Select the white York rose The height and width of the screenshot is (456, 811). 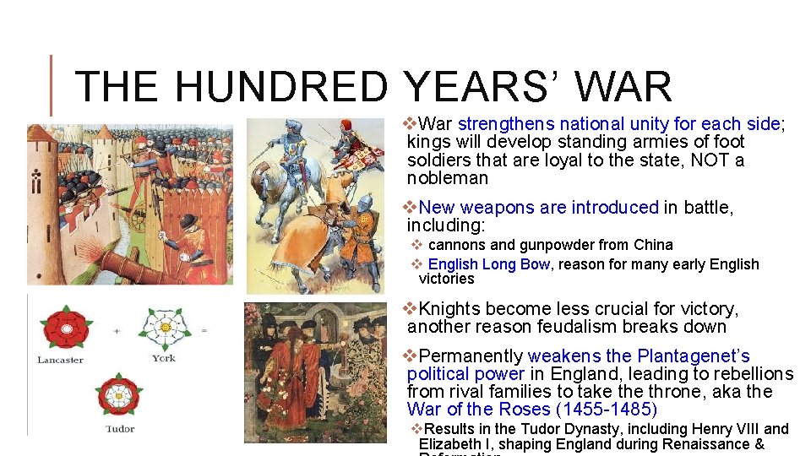pyautogui.click(x=164, y=327)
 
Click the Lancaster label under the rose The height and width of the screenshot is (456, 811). pyautogui.click(x=60, y=360)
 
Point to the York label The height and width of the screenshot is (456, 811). pyautogui.click(x=164, y=358)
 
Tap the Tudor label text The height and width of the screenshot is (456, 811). pyautogui.click(x=119, y=429)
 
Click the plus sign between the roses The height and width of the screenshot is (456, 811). pyautogui.click(x=117, y=329)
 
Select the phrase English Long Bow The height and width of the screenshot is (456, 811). pyautogui.click(x=489, y=264)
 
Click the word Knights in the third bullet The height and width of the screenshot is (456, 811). pyautogui.click(x=453, y=309)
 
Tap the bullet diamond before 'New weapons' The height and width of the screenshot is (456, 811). pyautogui.click(x=410, y=207)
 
